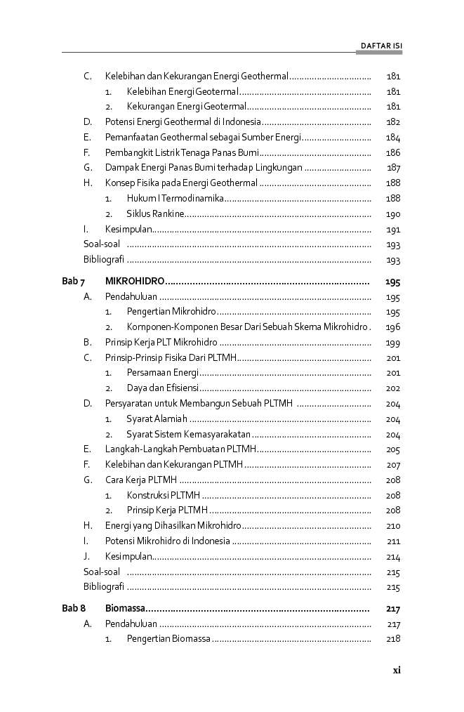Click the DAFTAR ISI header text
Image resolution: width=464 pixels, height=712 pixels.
click(381, 46)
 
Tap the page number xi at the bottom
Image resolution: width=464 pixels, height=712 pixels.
click(396, 670)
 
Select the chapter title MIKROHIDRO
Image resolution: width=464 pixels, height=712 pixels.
click(135, 282)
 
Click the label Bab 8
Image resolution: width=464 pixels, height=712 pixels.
click(74, 608)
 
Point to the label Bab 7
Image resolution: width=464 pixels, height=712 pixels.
click(74, 282)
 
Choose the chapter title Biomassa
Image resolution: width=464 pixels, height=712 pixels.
click(124, 608)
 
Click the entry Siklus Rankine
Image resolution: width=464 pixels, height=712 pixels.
click(155, 214)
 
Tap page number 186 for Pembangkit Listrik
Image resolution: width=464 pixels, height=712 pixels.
click(393, 152)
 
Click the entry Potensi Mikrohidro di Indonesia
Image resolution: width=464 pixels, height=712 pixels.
click(167, 541)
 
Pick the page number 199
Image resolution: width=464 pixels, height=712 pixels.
click(393, 343)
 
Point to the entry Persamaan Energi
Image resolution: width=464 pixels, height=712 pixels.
click(163, 373)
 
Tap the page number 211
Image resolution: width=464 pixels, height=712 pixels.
click(393, 541)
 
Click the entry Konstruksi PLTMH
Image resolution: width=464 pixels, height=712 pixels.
click(163, 495)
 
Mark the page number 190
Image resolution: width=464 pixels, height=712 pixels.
click(393, 215)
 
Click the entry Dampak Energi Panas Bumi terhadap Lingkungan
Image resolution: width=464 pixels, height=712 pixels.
click(204, 167)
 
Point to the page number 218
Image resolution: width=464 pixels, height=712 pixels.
click(393, 639)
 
